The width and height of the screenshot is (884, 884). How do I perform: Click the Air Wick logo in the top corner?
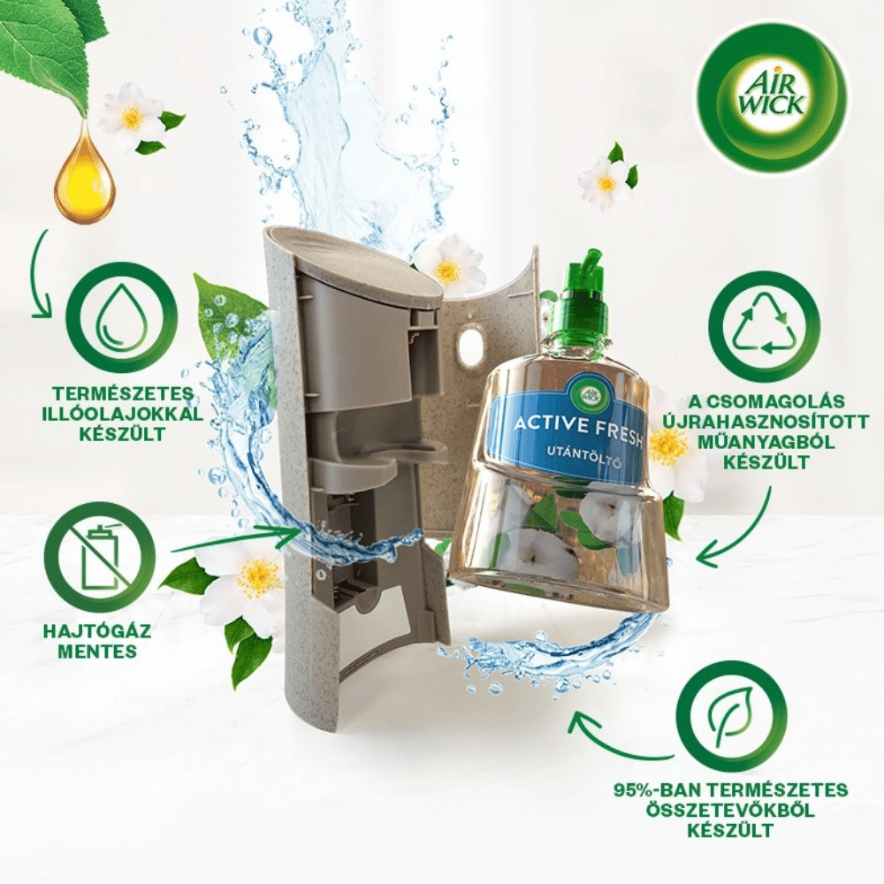(770, 99)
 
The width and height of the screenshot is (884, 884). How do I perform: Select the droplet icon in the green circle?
(122, 318)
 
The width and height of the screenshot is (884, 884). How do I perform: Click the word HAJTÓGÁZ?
(97, 629)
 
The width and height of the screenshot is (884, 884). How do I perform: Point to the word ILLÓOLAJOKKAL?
(123, 413)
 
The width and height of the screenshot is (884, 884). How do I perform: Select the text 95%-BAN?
(653, 789)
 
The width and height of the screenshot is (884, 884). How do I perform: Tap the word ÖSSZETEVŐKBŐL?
(730, 810)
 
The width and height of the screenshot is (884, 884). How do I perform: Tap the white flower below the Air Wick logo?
(606, 182)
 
